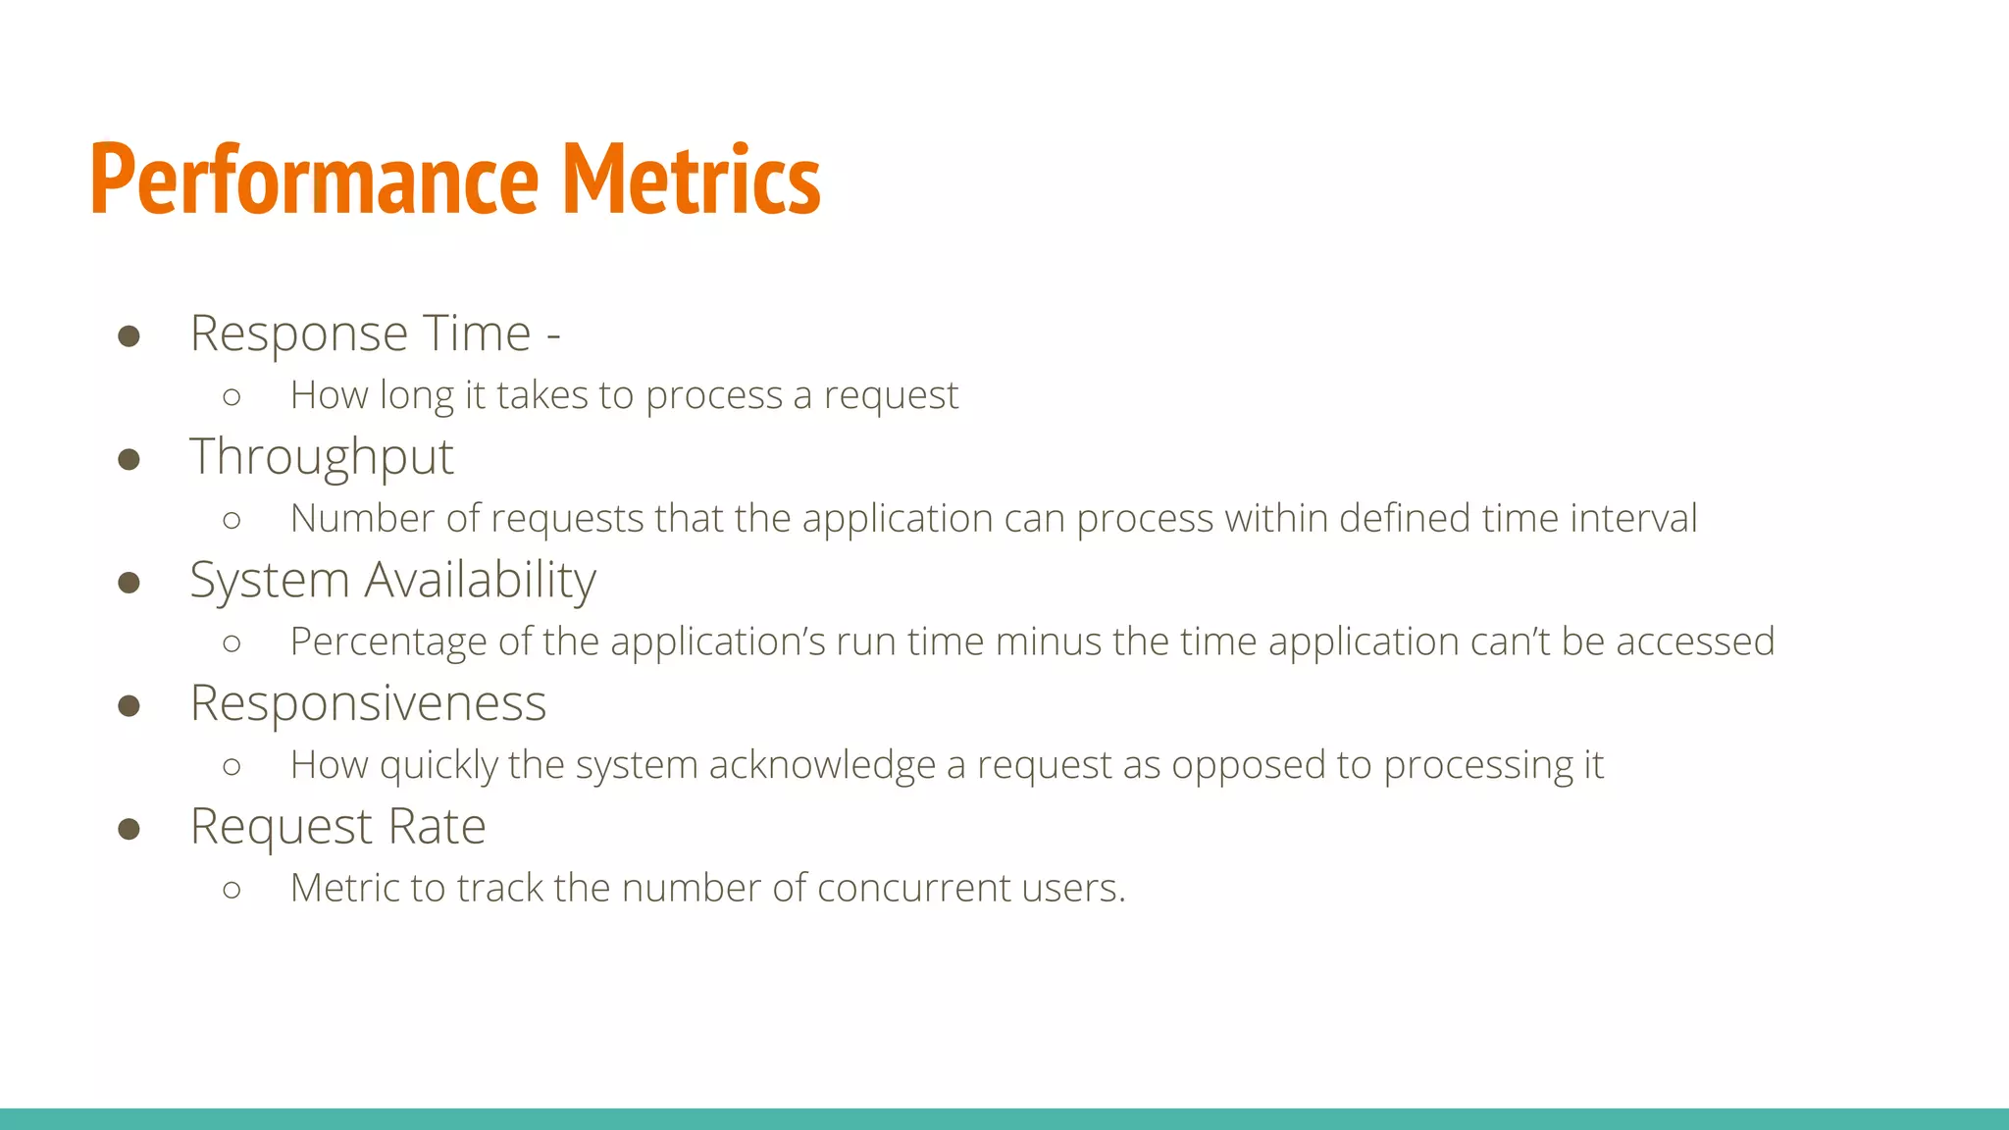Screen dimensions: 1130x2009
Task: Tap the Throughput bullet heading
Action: pyautogui.click(x=322, y=457)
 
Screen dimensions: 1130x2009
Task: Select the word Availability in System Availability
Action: pyautogui.click(x=481, y=580)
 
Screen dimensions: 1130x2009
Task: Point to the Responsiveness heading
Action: pyautogui.click(x=368, y=703)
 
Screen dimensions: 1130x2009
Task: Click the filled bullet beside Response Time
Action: pyautogui.click(x=129, y=336)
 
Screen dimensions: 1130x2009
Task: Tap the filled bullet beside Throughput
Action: pyautogui.click(x=129, y=459)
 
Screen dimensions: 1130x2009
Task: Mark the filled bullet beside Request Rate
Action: pyautogui.click(x=129, y=829)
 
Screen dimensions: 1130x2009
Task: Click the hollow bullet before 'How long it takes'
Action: pyautogui.click(x=232, y=397)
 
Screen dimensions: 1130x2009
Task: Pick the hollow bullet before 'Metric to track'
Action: pyautogui.click(x=232, y=890)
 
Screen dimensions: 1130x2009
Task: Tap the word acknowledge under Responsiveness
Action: pyautogui.click(x=822, y=765)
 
